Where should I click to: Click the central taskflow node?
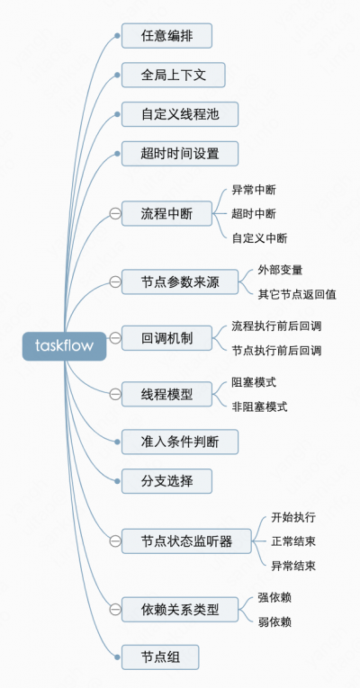click(x=64, y=345)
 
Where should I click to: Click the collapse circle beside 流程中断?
click(x=114, y=213)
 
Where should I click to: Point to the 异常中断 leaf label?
click(x=254, y=190)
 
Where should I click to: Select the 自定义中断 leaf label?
click(x=260, y=238)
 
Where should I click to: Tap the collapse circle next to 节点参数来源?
click(x=114, y=281)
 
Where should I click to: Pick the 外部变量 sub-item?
click(x=280, y=269)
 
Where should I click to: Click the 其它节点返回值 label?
click(x=297, y=294)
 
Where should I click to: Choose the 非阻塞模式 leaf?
click(x=259, y=407)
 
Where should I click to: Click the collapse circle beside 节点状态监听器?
click(x=114, y=541)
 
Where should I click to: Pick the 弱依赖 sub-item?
click(x=274, y=621)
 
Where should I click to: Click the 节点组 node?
click(x=160, y=657)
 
